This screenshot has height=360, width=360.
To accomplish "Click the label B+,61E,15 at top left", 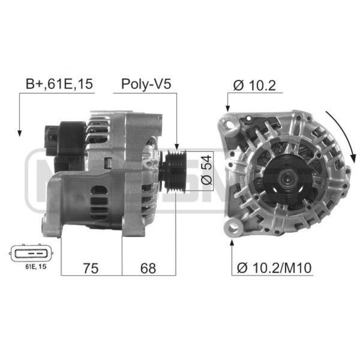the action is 59,84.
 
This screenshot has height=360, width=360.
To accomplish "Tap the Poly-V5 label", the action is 146,84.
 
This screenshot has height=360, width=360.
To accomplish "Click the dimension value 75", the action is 91,268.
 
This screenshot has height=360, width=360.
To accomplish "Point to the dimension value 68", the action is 148,268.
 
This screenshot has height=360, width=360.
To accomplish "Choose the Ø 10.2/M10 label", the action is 274,268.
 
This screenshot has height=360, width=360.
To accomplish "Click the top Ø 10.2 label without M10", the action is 255,85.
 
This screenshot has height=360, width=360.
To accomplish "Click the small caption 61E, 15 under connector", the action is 36,266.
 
